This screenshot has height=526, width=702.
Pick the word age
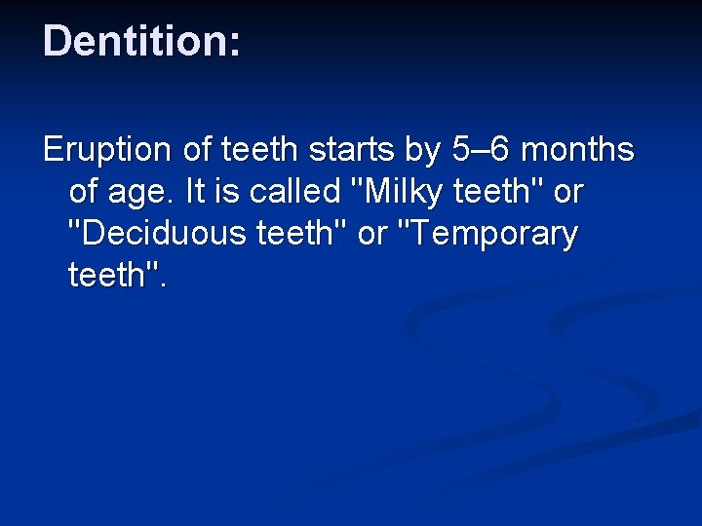(x=138, y=194)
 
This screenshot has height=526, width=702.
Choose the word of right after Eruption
(x=193, y=151)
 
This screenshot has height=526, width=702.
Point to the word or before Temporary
(x=371, y=235)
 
